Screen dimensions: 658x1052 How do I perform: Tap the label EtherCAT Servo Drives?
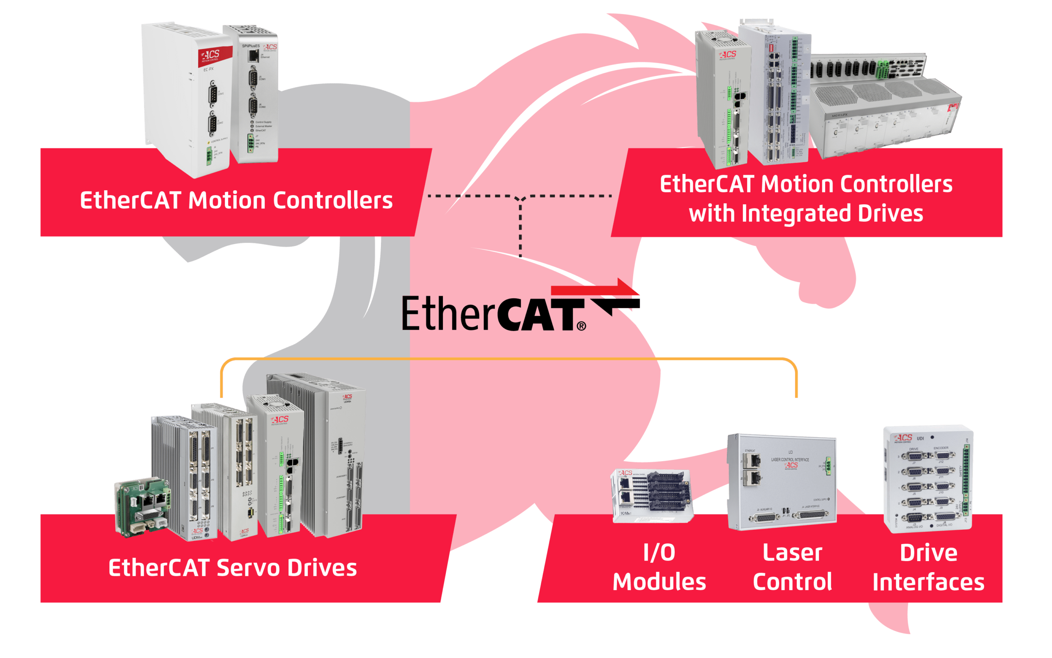[232, 568]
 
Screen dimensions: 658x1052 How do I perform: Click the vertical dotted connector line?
[520, 229]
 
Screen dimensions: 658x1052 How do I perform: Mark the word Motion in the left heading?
[227, 201]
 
